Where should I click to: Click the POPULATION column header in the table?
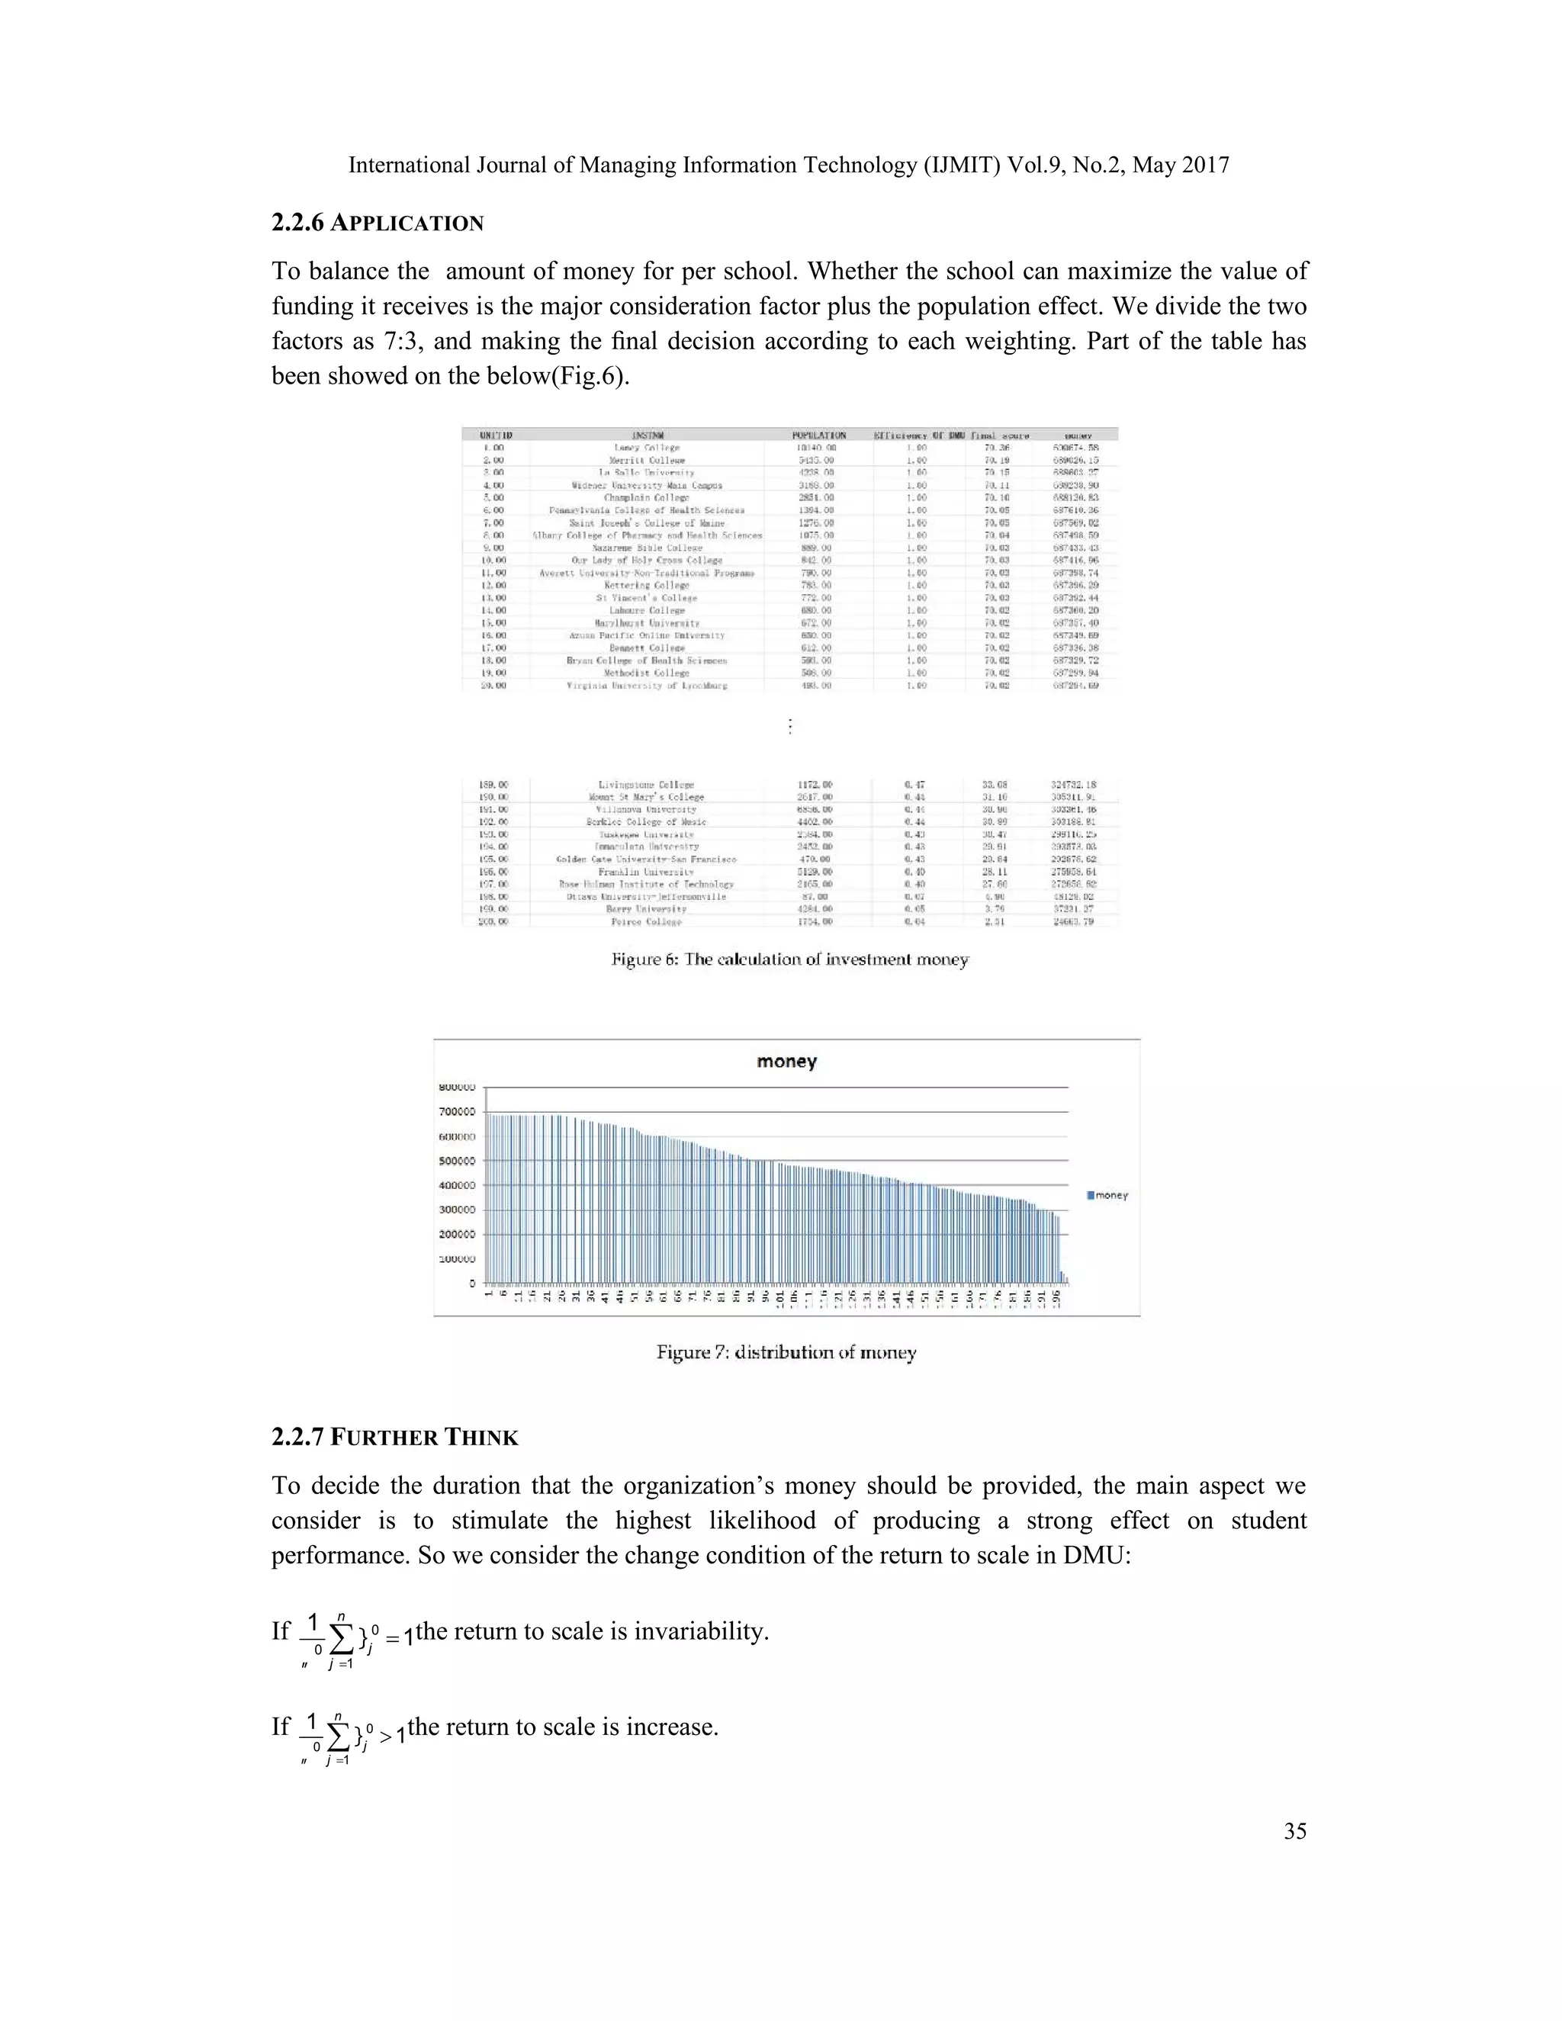coord(818,435)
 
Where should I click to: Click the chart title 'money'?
coord(786,1062)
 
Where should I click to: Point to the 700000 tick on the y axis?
coord(458,1111)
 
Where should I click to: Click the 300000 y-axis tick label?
coord(458,1210)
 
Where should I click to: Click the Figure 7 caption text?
coord(786,1353)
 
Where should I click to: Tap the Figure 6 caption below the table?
coord(789,959)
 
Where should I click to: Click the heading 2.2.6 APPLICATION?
coord(378,223)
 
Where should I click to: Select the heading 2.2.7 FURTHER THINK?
coord(395,1437)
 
